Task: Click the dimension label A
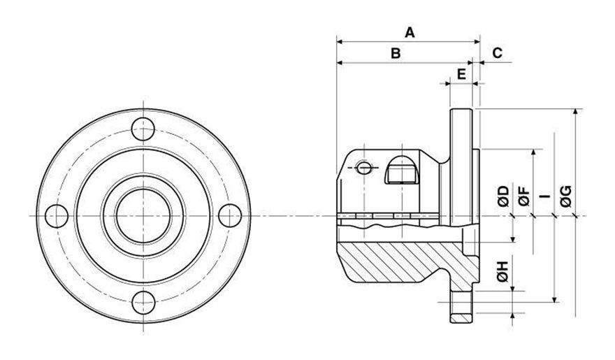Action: pos(410,31)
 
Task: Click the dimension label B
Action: pos(395,53)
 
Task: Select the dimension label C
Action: pos(497,53)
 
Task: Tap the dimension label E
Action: pos(461,73)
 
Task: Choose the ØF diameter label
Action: pos(523,198)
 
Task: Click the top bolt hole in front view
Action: pos(144,129)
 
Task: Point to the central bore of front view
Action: pos(144,216)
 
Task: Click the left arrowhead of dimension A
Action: pos(339,41)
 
